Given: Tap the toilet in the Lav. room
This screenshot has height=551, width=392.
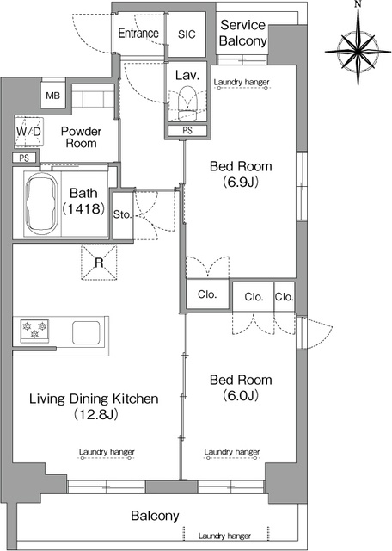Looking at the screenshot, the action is click(187, 103).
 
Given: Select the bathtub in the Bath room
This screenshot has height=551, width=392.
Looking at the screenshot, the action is click(42, 203).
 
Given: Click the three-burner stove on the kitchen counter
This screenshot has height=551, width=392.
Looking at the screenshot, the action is click(34, 330).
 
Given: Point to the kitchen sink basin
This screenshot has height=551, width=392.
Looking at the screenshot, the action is click(86, 332).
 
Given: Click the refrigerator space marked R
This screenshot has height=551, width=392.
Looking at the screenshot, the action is click(99, 262).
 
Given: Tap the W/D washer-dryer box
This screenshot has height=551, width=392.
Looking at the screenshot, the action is click(29, 132).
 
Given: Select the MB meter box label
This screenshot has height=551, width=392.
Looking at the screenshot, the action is click(53, 96).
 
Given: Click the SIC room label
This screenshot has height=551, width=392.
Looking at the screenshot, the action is click(187, 34).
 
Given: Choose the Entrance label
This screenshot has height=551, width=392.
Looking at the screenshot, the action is click(138, 33).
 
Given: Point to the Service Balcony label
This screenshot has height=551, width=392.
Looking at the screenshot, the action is click(242, 33).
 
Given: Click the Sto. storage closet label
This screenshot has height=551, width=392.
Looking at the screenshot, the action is click(122, 214).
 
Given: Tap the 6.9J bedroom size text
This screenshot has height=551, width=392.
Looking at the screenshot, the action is click(241, 182).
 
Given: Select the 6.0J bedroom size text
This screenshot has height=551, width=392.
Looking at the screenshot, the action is click(241, 396).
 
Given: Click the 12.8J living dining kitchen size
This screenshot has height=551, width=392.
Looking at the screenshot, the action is click(95, 415).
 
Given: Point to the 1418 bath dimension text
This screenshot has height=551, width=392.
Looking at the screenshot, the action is click(83, 208).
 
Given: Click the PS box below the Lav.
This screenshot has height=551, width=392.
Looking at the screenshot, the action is click(187, 130).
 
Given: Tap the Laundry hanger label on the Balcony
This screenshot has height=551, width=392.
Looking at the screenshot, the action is click(224, 536).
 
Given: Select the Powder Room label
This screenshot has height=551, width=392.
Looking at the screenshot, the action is click(81, 137).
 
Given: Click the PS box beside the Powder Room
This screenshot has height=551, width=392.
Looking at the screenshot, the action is click(24, 158).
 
